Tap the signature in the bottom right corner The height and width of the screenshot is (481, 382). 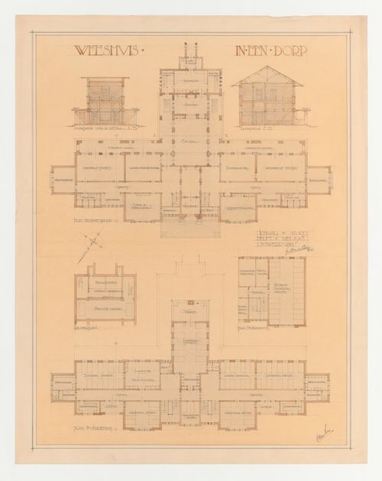point(325,435)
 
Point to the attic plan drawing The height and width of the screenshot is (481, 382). point(271,291)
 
